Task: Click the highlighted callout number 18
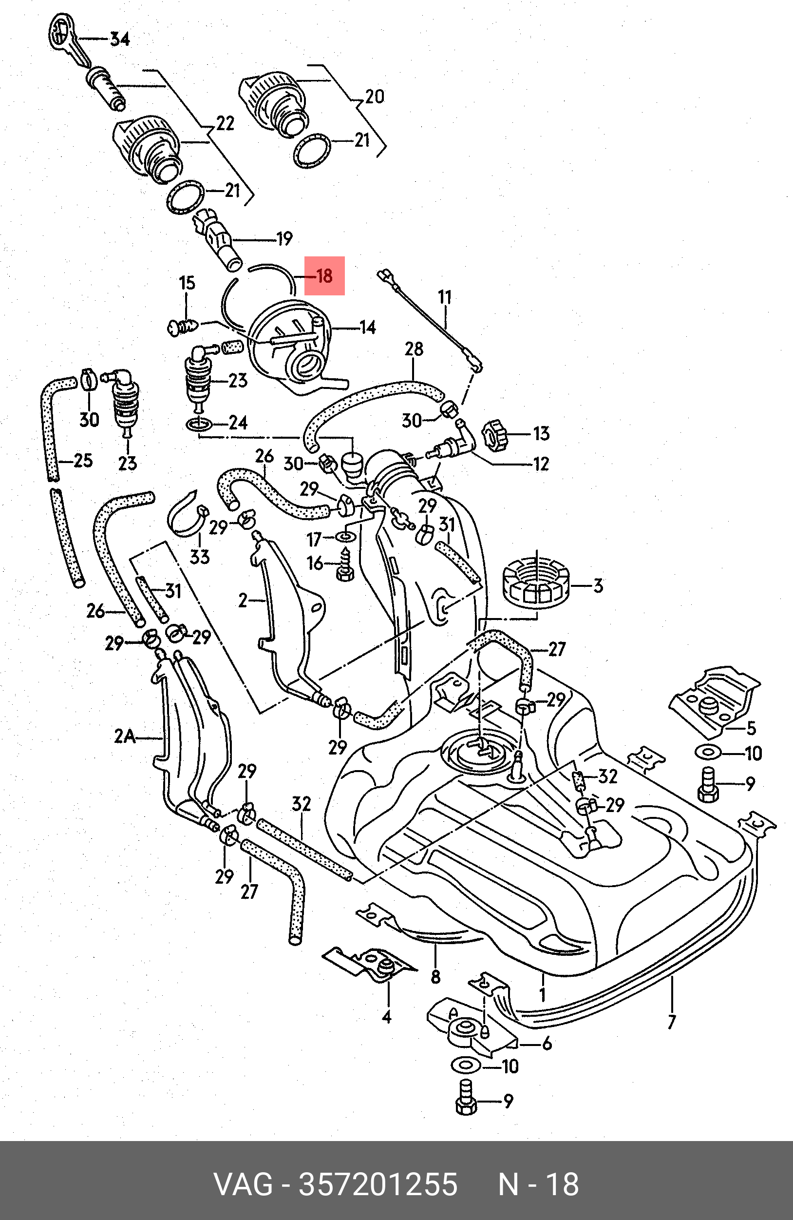click(325, 276)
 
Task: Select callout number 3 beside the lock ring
click(598, 585)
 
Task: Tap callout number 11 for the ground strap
click(445, 297)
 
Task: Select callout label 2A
click(125, 736)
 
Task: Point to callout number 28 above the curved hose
click(414, 349)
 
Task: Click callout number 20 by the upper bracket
click(375, 97)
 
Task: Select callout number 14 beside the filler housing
click(367, 327)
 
